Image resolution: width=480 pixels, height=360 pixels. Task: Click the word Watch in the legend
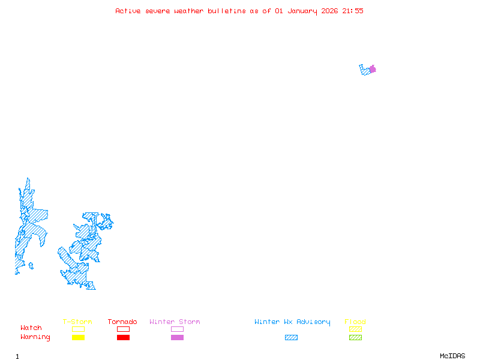(x=31, y=328)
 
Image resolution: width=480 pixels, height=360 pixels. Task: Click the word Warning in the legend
(x=35, y=337)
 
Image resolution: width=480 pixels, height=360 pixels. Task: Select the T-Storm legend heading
(x=77, y=322)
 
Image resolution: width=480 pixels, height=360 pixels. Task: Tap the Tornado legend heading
(x=122, y=322)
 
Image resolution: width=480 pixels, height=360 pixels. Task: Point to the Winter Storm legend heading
(x=175, y=322)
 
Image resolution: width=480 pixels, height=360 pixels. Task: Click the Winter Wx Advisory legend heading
(x=292, y=322)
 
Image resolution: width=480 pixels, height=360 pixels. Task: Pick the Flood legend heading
(x=355, y=322)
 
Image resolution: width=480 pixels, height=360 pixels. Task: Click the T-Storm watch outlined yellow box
(x=78, y=329)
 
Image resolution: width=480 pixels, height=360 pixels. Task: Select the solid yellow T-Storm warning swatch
(x=78, y=337)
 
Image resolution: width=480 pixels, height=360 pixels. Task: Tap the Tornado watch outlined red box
(x=123, y=329)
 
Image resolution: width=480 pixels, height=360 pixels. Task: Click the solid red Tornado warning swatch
(x=123, y=337)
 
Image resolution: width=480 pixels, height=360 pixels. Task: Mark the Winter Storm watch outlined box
(x=177, y=329)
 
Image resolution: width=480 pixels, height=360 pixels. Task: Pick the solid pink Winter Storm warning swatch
(x=177, y=337)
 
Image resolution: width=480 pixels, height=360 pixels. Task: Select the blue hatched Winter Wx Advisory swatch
(x=291, y=337)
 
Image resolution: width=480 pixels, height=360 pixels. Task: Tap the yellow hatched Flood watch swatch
(x=355, y=329)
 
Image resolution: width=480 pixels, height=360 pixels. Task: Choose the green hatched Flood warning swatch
(x=355, y=337)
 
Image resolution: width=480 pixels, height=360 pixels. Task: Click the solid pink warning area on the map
(x=373, y=69)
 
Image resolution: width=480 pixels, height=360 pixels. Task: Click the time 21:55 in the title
(x=353, y=11)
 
